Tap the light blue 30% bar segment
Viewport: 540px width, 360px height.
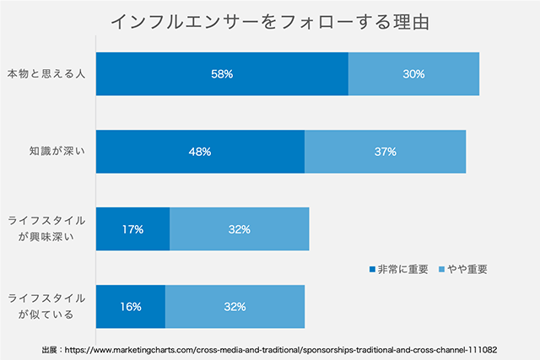pyautogui.click(x=413, y=74)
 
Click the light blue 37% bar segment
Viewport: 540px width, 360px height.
pyautogui.click(x=385, y=152)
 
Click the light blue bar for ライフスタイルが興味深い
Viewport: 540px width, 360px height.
pyautogui.click(x=239, y=228)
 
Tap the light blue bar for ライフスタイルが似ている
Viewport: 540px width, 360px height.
pyautogui.click(x=235, y=306)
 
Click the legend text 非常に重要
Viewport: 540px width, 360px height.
pyautogui.click(x=402, y=270)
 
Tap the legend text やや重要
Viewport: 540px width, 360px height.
pyautogui.click(x=465, y=270)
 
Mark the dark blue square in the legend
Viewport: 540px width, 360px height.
pyautogui.click(x=372, y=270)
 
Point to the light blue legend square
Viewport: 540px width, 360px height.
pyautogui.click(x=439, y=270)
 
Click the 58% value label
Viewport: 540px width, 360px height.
pyautogui.click(x=222, y=74)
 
